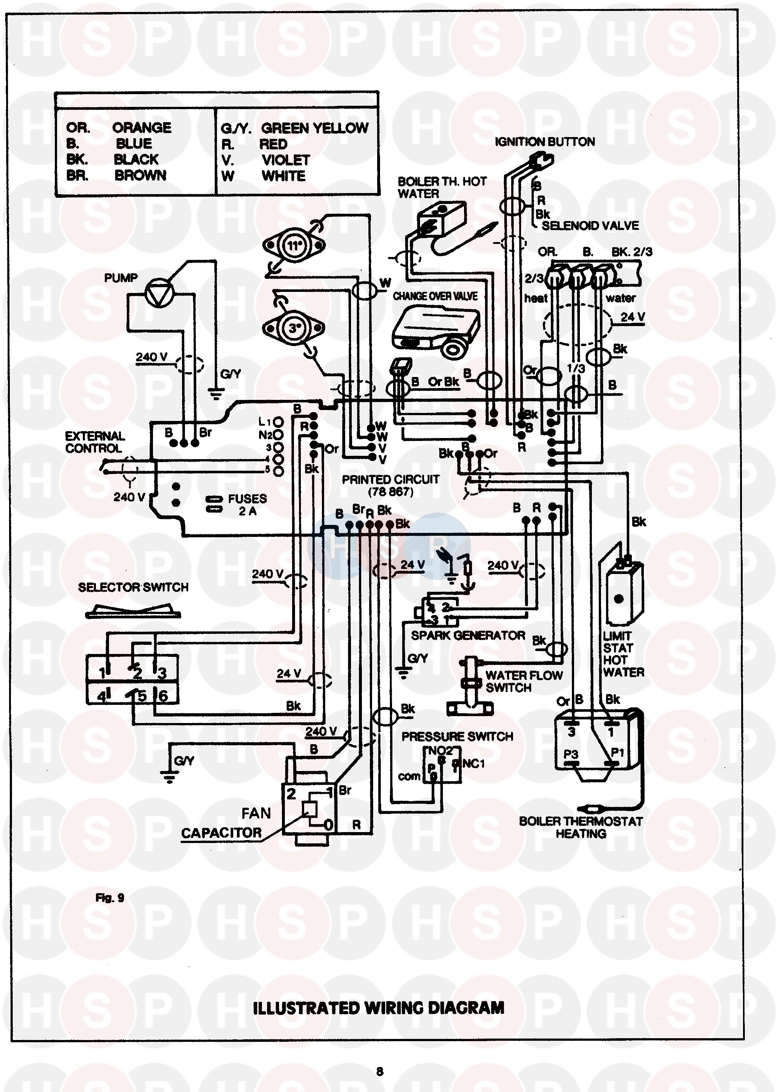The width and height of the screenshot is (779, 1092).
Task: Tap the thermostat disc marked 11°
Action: (294, 246)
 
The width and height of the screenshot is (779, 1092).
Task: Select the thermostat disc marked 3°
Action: (294, 328)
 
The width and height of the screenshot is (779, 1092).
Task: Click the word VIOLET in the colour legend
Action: (286, 160)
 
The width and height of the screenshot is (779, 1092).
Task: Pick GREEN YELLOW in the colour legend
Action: (314, 128)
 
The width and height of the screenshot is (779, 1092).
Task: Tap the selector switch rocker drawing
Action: (133, 612)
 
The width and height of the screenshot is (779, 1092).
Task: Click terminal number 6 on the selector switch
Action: (163, 696)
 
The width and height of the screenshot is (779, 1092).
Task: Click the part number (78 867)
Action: (391, 492)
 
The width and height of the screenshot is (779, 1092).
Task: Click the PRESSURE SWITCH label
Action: (457, 737)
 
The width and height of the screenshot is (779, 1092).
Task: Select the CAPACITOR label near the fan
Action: (221, 833)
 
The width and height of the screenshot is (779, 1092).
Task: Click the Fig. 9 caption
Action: (110, 898)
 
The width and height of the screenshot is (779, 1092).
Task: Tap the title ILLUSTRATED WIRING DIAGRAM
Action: (379, 1008)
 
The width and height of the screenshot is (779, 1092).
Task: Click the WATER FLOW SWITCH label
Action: (523, 681)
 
